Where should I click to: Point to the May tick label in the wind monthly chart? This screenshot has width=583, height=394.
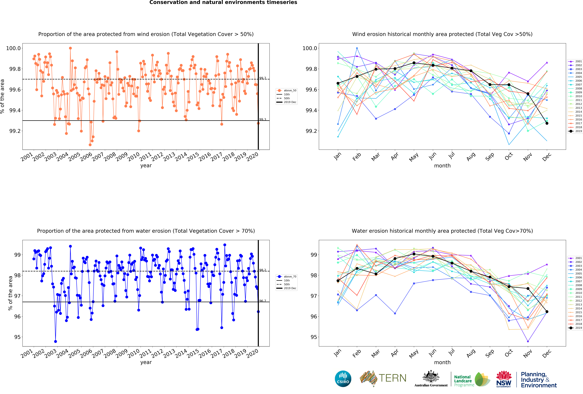tap(414, 157)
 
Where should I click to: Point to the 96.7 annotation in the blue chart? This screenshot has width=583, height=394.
tap(263, 301)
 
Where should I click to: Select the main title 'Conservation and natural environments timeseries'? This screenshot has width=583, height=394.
tap(223, 3)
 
